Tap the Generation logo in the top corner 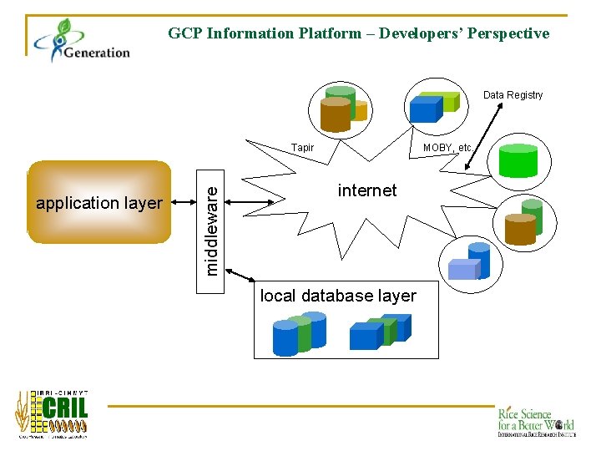pos(82,41)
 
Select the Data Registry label pos(513,94)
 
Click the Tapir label pos(302,148)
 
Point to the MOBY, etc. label pos(447,148)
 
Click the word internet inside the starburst pos(367,190)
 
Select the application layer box pos(98,202)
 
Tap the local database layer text pos(338,296)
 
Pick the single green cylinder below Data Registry pos(518,161)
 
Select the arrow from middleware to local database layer pos(240,276)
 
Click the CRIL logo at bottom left pos(52,413)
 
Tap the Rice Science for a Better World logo pos(535,422)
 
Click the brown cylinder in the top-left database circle pos(336,114)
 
